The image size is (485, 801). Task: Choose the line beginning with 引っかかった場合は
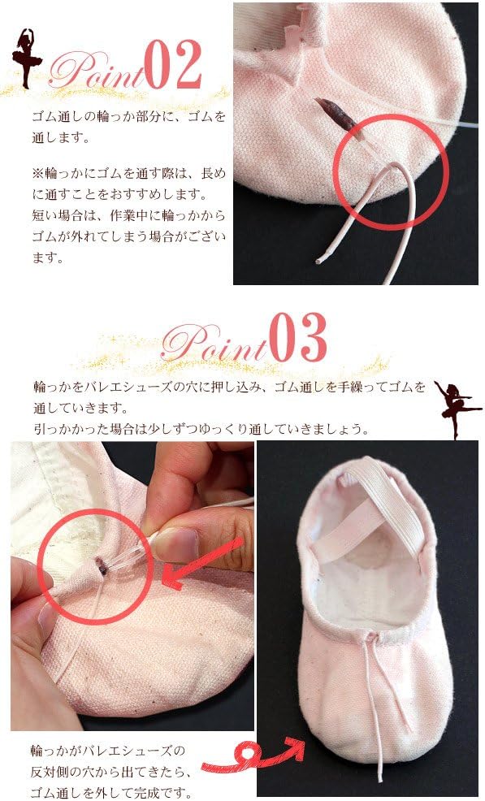pyautogui.click(x=195, y=427)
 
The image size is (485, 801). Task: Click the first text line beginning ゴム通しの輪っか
pyautogui.click(x=128, y=117)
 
